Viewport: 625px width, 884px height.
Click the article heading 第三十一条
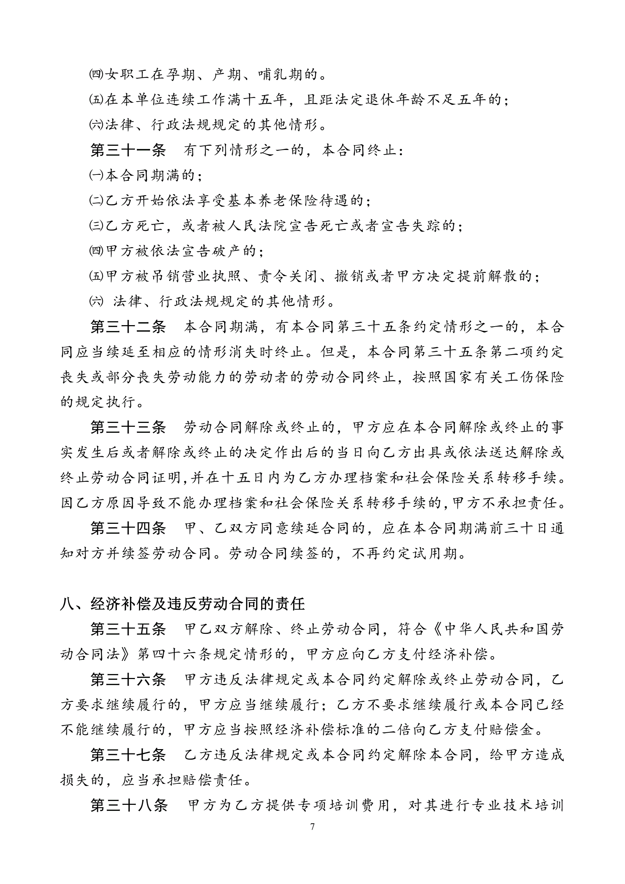128,150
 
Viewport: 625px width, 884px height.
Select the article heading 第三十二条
128,327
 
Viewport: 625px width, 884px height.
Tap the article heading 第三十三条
128,427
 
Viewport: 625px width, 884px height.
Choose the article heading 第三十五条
128,629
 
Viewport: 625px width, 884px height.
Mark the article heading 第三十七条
128,755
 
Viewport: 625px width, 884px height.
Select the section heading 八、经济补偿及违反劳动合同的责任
182,604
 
